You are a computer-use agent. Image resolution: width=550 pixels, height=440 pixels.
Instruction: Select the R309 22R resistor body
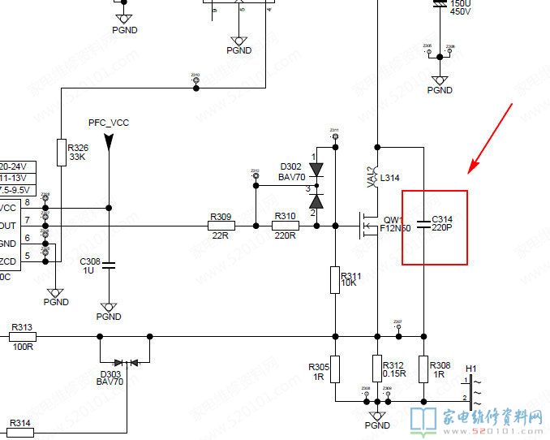click(x=221, y=226)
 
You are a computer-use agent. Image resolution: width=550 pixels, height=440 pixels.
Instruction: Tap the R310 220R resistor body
click(x=285, y=226)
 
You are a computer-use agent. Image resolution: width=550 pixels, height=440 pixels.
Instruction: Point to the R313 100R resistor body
click(x=22, y=335)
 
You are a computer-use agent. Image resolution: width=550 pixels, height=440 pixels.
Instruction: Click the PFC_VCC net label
click(x=109, y=123)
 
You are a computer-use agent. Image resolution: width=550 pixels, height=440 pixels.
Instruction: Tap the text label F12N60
click(x=395, y=228)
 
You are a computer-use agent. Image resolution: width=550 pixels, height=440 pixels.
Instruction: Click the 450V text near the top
click(x=460, y=12)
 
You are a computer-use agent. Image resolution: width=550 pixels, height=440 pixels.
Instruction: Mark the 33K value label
click(x=77, y=157)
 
